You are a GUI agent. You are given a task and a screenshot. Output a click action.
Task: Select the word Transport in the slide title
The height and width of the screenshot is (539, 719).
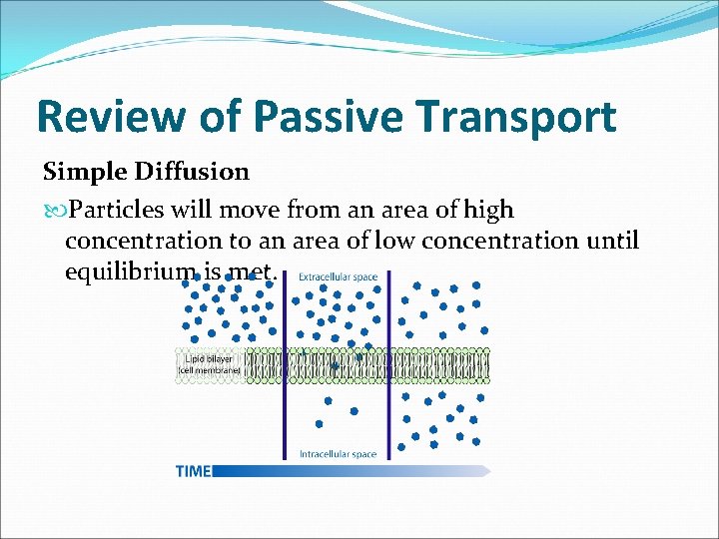point(517,118)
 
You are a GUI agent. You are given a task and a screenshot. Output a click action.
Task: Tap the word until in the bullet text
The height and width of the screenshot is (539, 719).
point(610,241)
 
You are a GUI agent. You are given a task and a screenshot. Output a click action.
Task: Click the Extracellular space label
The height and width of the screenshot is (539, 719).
point(338,276)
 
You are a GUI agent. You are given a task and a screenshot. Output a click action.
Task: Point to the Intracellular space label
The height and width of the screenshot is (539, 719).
point(338,454)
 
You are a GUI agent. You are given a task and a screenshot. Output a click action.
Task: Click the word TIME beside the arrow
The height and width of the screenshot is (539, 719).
point(193,470)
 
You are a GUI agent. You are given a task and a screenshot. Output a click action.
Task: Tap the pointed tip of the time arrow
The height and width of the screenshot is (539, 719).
point(489,470)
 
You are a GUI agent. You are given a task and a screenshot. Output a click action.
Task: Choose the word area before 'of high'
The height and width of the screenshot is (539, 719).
point(404,211)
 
